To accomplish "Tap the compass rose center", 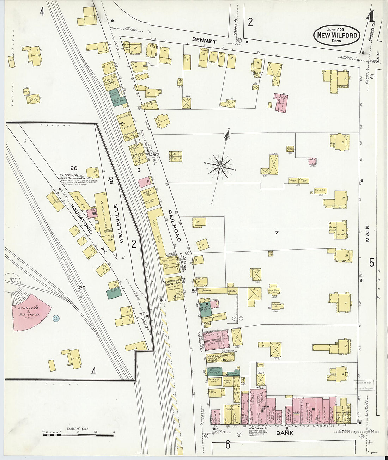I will coord(220,165).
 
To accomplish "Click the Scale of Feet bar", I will coord(78,435).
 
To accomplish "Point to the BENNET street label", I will coord(204,41).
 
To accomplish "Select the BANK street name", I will coord(285,433).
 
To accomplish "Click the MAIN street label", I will coord(367,234).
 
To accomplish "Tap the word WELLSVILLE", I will coord(121,223).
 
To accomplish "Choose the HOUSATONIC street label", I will coord(81,219).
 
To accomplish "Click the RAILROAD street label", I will coord(174,226).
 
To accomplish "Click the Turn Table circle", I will coord(12,285).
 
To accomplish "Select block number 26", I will coord(73,168).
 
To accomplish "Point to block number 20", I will coord(82,288).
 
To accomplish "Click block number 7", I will coord(277,232).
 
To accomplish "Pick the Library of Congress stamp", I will coord(364,385).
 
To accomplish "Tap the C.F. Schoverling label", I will coord(72,175).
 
